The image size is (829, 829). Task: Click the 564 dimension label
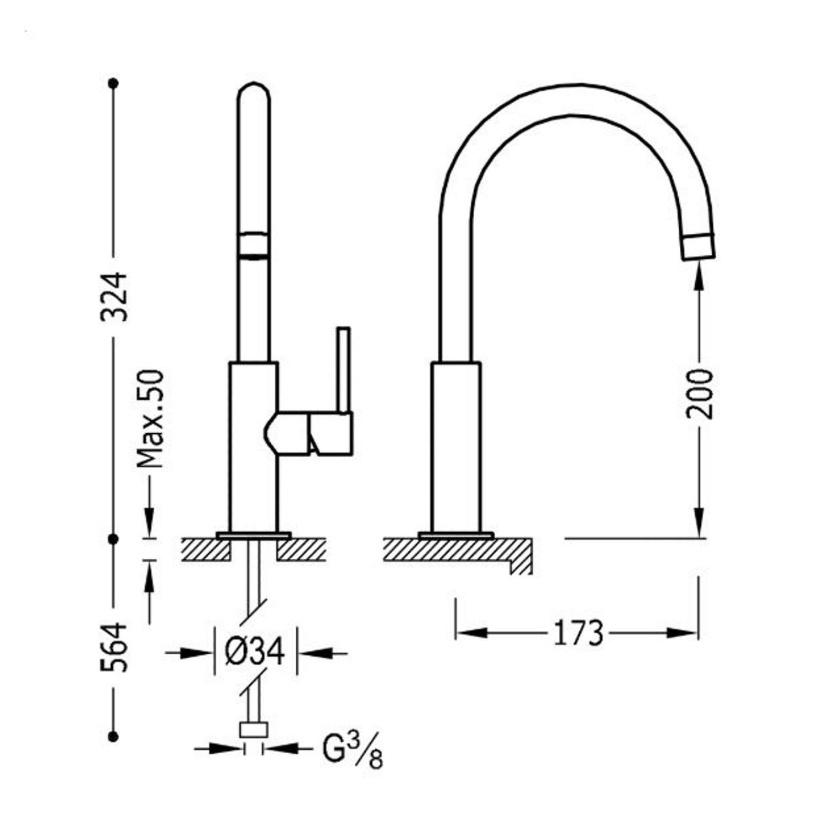point(114,647)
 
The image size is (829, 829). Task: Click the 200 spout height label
point(699,393)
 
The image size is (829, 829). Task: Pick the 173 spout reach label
point(578,633)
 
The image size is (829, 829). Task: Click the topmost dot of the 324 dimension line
point(114,83)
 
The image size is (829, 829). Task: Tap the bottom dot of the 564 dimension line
point(114,736)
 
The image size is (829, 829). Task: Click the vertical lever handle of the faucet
point(344,370)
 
